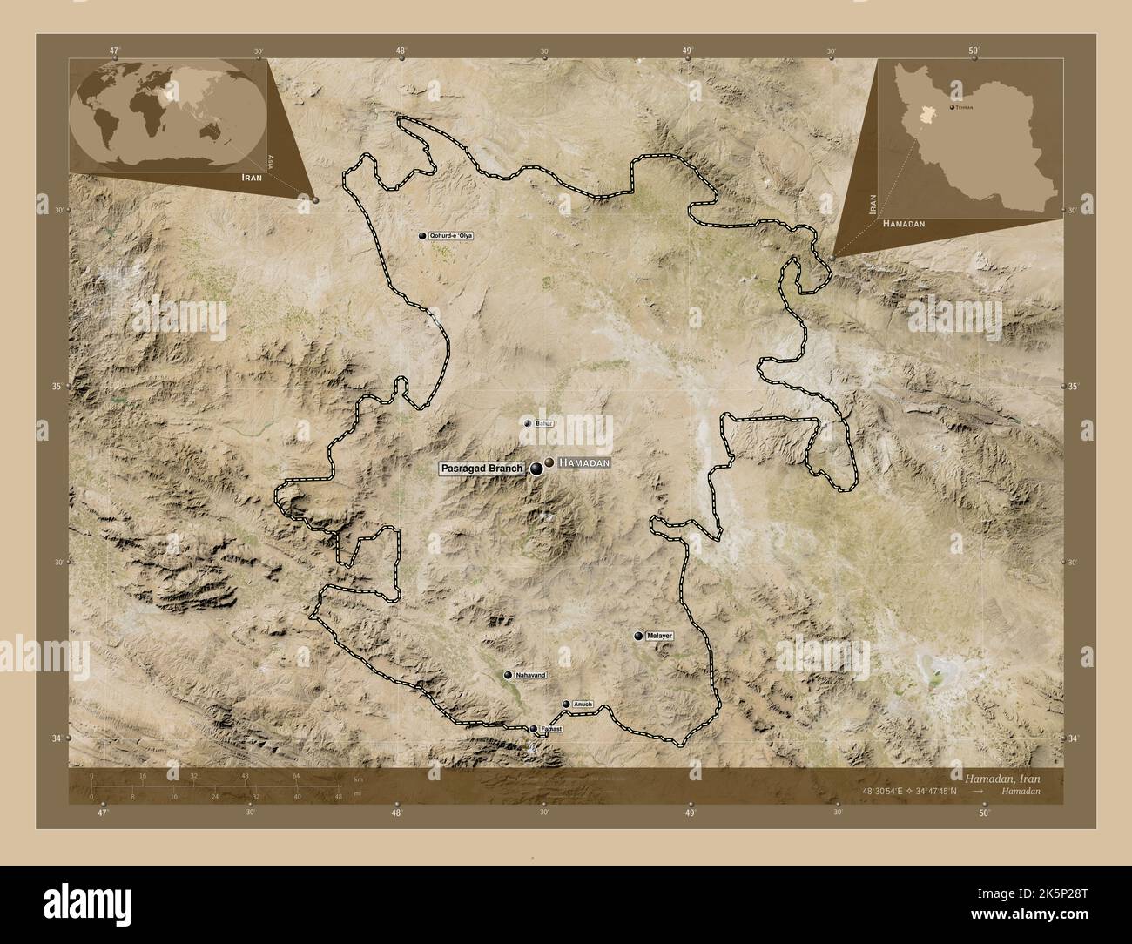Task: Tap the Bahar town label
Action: pos(545,423)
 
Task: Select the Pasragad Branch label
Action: pos(482,469)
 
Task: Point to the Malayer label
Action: pos(661,637)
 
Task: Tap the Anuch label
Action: pos(583,704)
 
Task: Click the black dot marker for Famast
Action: pos(534,729)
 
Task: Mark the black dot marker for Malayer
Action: pos(639,637)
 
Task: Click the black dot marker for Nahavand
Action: pos(508,675)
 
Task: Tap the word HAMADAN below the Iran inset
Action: pos(904,224)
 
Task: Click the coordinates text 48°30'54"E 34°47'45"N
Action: pos(911,791)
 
